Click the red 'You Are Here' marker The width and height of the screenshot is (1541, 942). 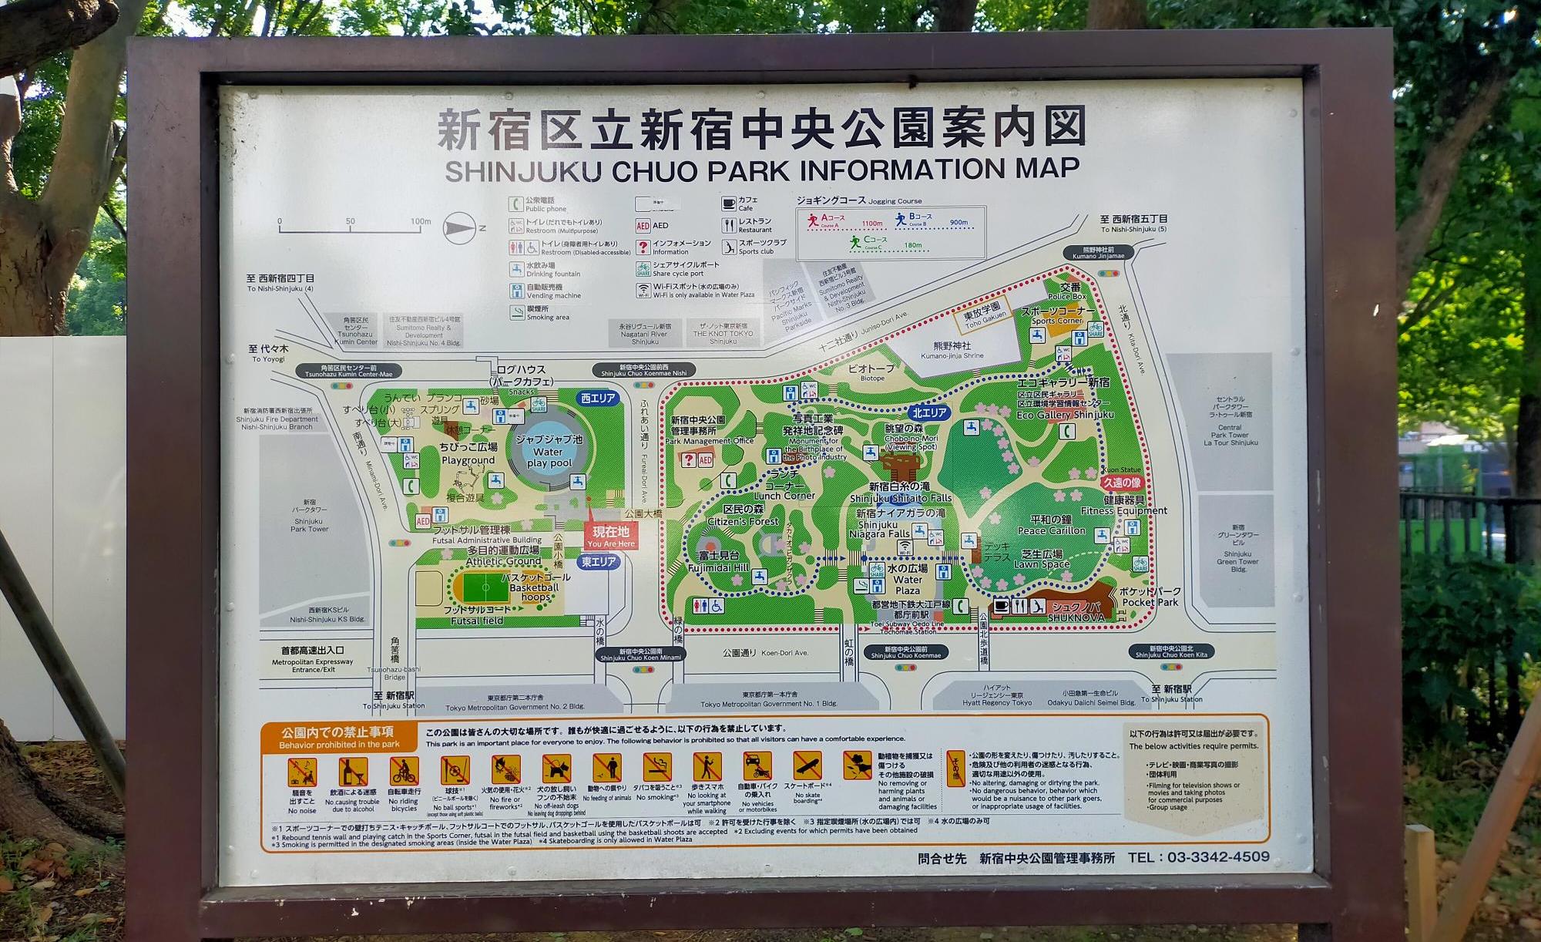[611, 536]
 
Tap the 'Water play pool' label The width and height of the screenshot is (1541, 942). [549, 457]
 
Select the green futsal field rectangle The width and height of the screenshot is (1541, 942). [485, 587]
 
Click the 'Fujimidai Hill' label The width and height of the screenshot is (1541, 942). [718, 561]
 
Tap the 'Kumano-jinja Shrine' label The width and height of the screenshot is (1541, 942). [952, 351]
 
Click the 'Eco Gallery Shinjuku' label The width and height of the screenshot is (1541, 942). [1065, 415]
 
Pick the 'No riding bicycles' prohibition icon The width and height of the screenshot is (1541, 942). [404, 771]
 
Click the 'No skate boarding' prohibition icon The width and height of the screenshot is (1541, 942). [807, 767]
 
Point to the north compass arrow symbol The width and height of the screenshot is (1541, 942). [461, 228]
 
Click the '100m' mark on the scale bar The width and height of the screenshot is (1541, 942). [421, 222]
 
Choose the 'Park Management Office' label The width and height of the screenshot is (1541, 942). [710, 441]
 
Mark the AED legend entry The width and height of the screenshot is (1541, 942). [652, 226]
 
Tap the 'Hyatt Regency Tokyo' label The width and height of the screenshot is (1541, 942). [996, 703]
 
